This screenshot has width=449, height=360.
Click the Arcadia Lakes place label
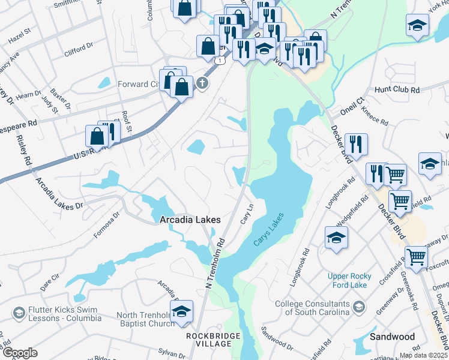(190, 220)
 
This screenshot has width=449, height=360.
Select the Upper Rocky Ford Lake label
(355, 280)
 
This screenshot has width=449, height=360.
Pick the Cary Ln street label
(246, 214)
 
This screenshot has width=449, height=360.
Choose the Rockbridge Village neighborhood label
(208, 340)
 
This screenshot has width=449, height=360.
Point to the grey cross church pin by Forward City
(202, 83)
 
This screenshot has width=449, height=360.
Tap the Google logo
(20, 353)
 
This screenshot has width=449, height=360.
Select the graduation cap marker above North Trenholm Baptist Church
(181, 311)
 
